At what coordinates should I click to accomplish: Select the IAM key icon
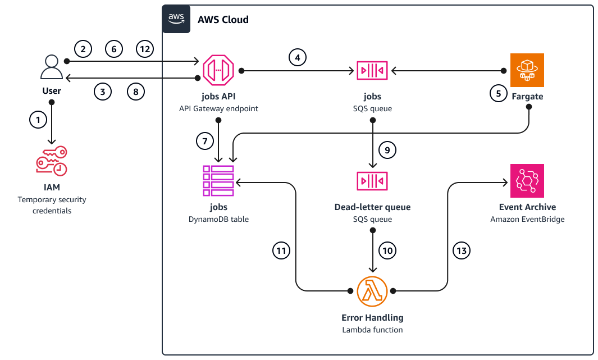point(52,161)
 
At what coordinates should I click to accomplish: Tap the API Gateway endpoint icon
point(217,70)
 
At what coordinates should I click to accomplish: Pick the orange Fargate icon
point(527,70)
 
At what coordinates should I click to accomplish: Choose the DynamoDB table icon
point(218,181)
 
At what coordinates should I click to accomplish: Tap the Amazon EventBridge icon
point(527,181)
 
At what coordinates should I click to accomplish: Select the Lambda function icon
point(372,291)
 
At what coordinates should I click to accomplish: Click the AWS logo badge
point(176,19)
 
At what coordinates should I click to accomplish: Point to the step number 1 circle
point(38,120)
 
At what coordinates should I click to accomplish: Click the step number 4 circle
point(298,57)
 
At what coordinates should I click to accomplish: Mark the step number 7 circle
point(206,142)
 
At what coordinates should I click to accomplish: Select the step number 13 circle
point(461,251)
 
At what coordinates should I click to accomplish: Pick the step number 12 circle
point(145,49)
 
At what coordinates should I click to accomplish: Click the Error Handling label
point(372,318)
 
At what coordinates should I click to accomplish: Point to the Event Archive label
point(527,207)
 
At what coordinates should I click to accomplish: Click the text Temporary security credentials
point(52,205)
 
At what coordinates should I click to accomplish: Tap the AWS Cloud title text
point(223,20)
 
